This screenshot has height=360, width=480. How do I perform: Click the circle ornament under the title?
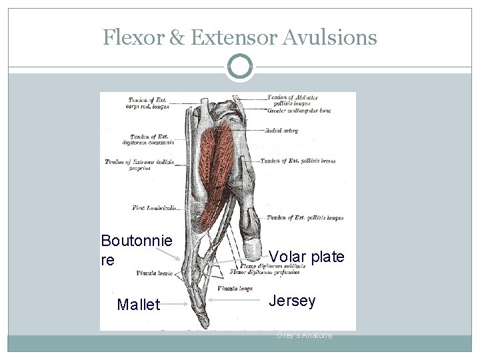(x=240, y=67)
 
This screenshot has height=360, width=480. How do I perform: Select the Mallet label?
(x=139, y=305)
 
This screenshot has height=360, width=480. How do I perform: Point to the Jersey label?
(x=292, y=301)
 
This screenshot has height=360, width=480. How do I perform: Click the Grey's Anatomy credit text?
(x=305, y=335)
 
